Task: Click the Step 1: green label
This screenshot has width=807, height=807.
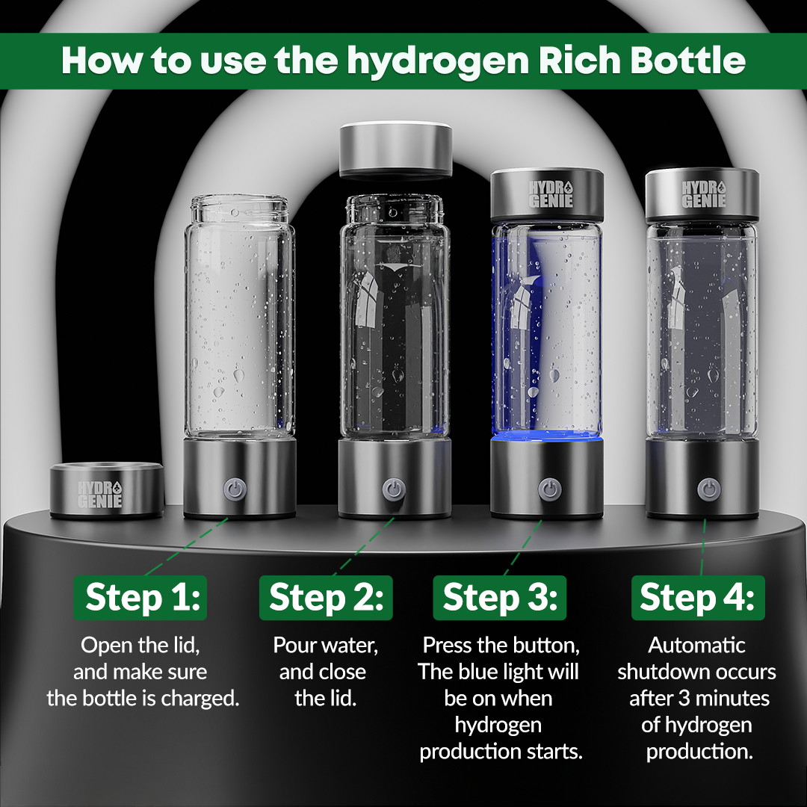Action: pos(140,598)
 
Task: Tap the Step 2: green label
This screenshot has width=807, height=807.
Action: pos(326,598)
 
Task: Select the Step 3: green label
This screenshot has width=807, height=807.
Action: pos(500,598)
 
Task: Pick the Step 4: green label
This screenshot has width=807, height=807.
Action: pos(698,598)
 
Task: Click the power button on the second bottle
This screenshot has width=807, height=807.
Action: pos(394,489)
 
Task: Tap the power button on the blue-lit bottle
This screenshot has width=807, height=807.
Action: pos(549,489)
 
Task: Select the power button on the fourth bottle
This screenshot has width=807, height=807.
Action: pos(708,489)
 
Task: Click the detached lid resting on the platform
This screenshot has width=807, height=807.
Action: pos(107,489)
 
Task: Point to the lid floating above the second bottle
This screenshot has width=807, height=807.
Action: pos(396,149)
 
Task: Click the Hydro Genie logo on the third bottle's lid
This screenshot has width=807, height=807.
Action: pos(551,194)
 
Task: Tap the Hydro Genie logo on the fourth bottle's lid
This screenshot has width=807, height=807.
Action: pos(704,194)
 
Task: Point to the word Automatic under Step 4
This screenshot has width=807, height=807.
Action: pos(697,645)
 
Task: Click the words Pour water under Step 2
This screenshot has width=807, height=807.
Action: pos(325,646)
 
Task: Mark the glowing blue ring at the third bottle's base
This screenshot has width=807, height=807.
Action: pos(546,437)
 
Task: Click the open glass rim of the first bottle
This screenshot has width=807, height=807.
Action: pos(239,202)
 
